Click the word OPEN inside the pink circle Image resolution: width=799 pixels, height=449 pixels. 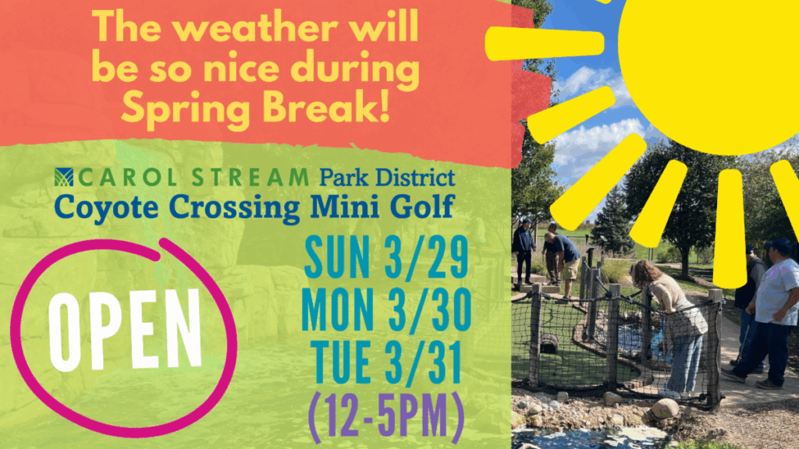point(126,331)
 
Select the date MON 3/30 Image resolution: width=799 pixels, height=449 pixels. point(386,310)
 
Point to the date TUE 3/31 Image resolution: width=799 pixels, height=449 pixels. point(385,362)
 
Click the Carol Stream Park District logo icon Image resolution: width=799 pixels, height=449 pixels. point(64,177)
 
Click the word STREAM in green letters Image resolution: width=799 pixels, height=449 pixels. point(250,178)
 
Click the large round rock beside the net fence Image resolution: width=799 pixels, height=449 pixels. point(665,408)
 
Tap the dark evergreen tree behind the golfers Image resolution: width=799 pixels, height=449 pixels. point(611,219)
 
